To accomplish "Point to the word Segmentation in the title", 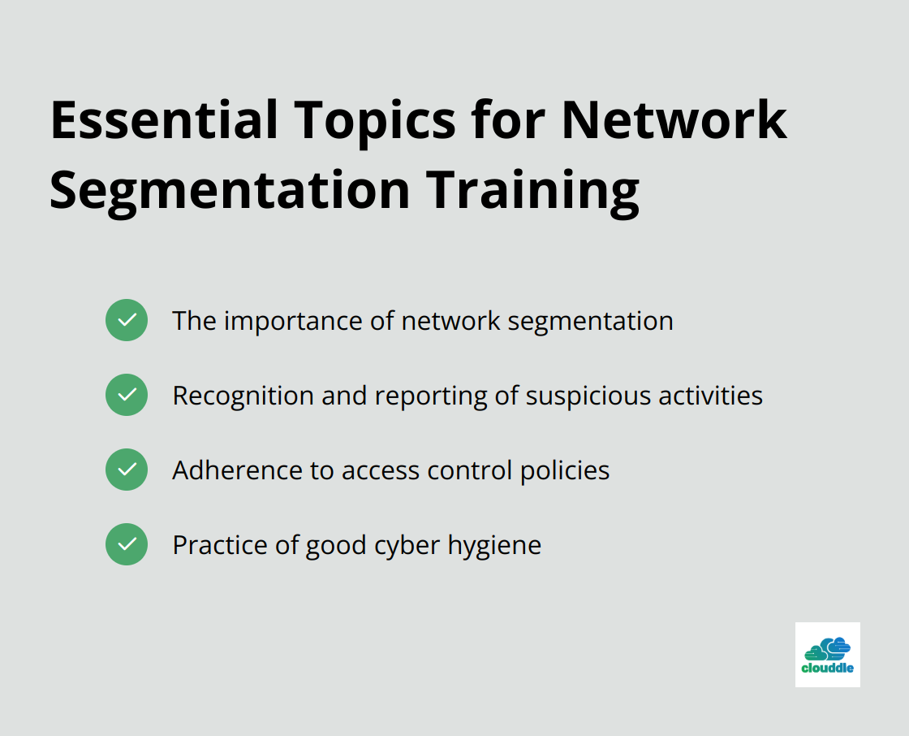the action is point(230,193).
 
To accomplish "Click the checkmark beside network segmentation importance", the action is point(127,320).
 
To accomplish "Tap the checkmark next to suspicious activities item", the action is point(127,395).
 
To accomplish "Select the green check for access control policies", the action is point(127,470).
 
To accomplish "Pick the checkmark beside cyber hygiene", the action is point(127,544).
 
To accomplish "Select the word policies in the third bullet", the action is point(565,470).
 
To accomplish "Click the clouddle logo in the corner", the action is point(827,655).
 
